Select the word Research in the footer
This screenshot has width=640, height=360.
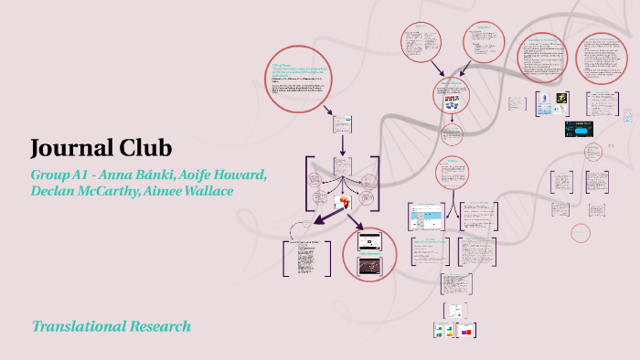[163, 326]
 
